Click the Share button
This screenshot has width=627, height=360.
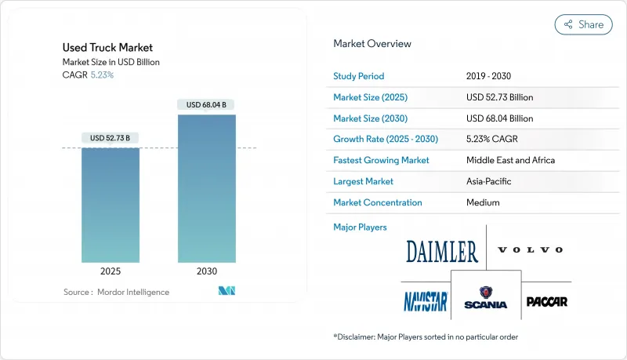pos(584,24)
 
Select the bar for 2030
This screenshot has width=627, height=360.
pos(206,188)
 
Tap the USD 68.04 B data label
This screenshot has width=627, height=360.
pos(206,104)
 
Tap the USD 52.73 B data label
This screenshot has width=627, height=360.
pos(111,138)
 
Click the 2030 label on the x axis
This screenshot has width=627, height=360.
pos(206,271)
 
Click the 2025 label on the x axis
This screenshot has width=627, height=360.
pos(111,271)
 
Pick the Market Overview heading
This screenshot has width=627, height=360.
pos(372,44)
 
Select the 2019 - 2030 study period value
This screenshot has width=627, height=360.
pos(493,76)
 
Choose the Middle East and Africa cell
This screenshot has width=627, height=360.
pos(510,160)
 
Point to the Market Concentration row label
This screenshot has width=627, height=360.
pos(378,202)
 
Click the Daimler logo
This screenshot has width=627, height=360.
pos(442,252)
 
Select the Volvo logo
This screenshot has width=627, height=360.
pos(530,250)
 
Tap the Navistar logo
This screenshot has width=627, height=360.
pos(426,301)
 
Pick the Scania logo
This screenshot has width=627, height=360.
pos(486,299)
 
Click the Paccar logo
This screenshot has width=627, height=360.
pos(546,301)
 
